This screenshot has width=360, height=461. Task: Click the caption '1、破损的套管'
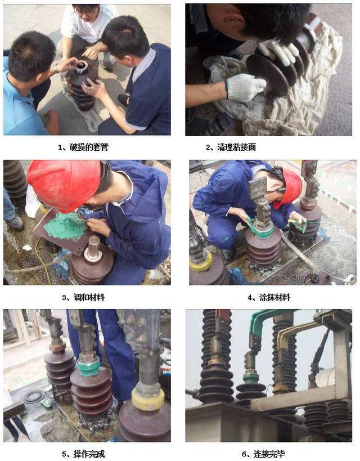(x=83, y=147)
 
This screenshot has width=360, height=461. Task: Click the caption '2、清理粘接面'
(x=231, y=147)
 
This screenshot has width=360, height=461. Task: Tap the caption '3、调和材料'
(x=83, y=298)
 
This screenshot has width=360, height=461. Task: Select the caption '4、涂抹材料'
(x=269, y=298)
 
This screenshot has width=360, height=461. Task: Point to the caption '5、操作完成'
(x=83, y=454)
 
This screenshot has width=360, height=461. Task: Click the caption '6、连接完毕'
(x=263, y=454)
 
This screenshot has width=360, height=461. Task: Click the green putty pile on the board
(x=65, y=225)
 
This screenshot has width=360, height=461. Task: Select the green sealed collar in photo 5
(x=89, y=368)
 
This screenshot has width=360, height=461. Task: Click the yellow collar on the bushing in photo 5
(x=148, y=399)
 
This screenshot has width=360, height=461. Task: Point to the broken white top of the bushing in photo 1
(x=81, y=67)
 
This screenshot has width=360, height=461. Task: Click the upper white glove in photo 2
(x=279, y=51)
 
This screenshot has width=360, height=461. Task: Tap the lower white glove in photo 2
(x=245, y=87)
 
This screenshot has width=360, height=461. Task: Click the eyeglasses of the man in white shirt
(x=87, y=13)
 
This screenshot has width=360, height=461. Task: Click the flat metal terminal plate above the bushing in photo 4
(x=258, y=187)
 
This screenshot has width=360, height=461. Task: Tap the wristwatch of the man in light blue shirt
(x=56, y=69)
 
